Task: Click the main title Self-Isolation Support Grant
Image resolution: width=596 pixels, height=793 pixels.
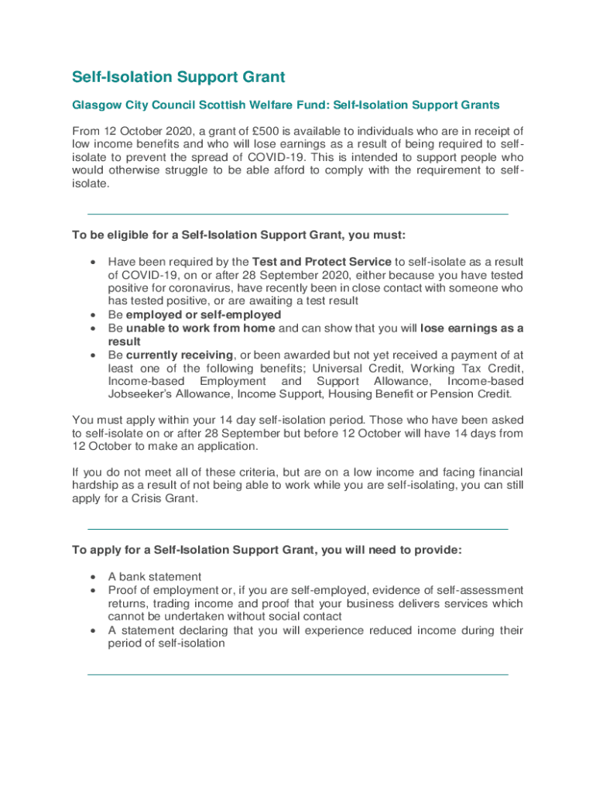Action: [179, 77]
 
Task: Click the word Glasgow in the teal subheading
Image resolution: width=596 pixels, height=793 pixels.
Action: [98, 105]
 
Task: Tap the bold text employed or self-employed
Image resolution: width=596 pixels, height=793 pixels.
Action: [204, 314]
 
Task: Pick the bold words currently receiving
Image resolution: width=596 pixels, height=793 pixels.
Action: [180, 355]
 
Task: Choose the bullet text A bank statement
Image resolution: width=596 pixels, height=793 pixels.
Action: [155, 576]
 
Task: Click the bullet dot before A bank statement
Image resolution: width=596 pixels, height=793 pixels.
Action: [94, 577]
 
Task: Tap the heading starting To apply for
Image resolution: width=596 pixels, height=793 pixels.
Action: [267, 550]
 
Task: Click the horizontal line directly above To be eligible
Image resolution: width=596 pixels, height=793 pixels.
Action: [298, 214]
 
